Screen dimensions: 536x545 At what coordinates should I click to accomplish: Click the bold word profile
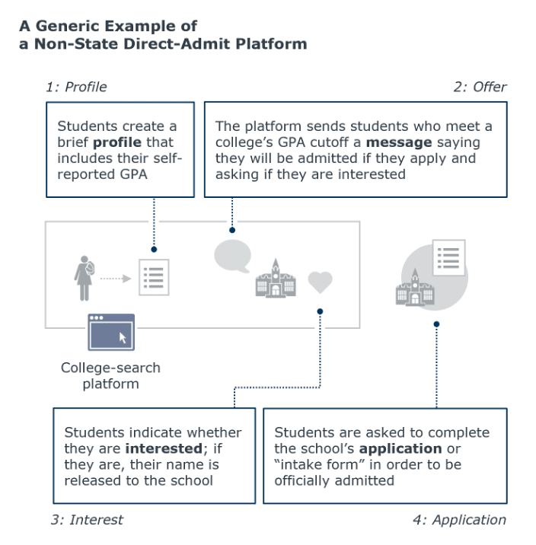click(117, 142)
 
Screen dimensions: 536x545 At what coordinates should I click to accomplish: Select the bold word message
click(399, 142)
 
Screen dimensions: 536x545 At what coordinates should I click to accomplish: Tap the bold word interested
click(164, 449)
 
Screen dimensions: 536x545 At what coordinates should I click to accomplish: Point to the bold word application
click(400, 449)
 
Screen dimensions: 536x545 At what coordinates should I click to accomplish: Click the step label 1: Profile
click(76, 87)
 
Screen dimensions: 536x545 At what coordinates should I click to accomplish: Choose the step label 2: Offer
click(480, 87)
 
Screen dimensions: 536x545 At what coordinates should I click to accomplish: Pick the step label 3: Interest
click(87, 520)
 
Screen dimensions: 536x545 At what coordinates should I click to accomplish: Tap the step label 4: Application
click(460, 520)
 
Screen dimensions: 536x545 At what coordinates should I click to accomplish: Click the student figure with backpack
click(84, 278)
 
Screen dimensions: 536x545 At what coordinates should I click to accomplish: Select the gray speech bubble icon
click(232, 257)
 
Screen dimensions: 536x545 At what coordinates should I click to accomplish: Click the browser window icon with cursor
click(111, 332)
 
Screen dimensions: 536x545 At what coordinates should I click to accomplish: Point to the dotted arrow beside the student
click(116, 279)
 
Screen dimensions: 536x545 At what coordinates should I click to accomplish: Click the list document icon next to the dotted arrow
click(154, 277)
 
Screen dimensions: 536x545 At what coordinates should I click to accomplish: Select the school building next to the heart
click(276, 279)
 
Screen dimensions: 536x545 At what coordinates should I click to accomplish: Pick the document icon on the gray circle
click(448, 257)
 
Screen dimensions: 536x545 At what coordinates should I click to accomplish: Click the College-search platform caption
click(110, 376)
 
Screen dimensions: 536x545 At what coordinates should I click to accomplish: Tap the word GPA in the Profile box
click(133, 174)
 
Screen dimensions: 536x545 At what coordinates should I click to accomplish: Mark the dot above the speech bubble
click(232, 230)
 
